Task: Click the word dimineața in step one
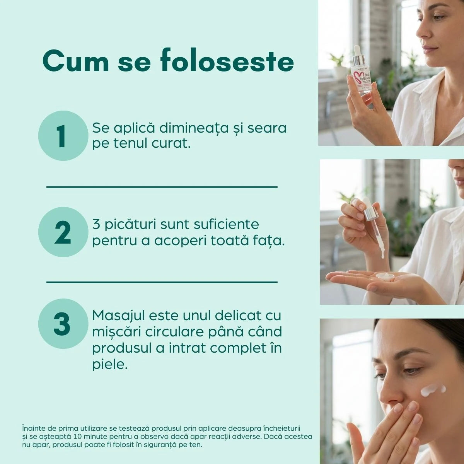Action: tap(194, 128)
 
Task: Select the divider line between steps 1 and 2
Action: tap(162, 187)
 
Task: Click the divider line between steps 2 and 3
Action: tap(162, 282)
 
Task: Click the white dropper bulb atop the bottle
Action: tap(357, 50)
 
